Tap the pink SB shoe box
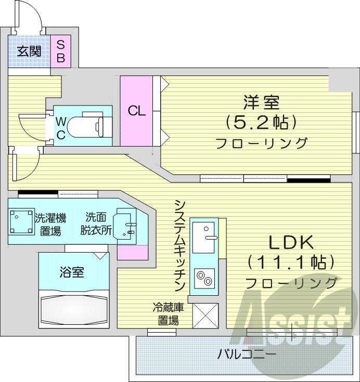(61, 51)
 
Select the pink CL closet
(137, 111)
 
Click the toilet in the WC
(88, 125)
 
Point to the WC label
(61, 128)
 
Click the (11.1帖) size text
(290, 262)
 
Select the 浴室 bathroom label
(72, 272)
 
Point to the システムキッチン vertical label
(180, 245)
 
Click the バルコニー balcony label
(240, 355)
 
